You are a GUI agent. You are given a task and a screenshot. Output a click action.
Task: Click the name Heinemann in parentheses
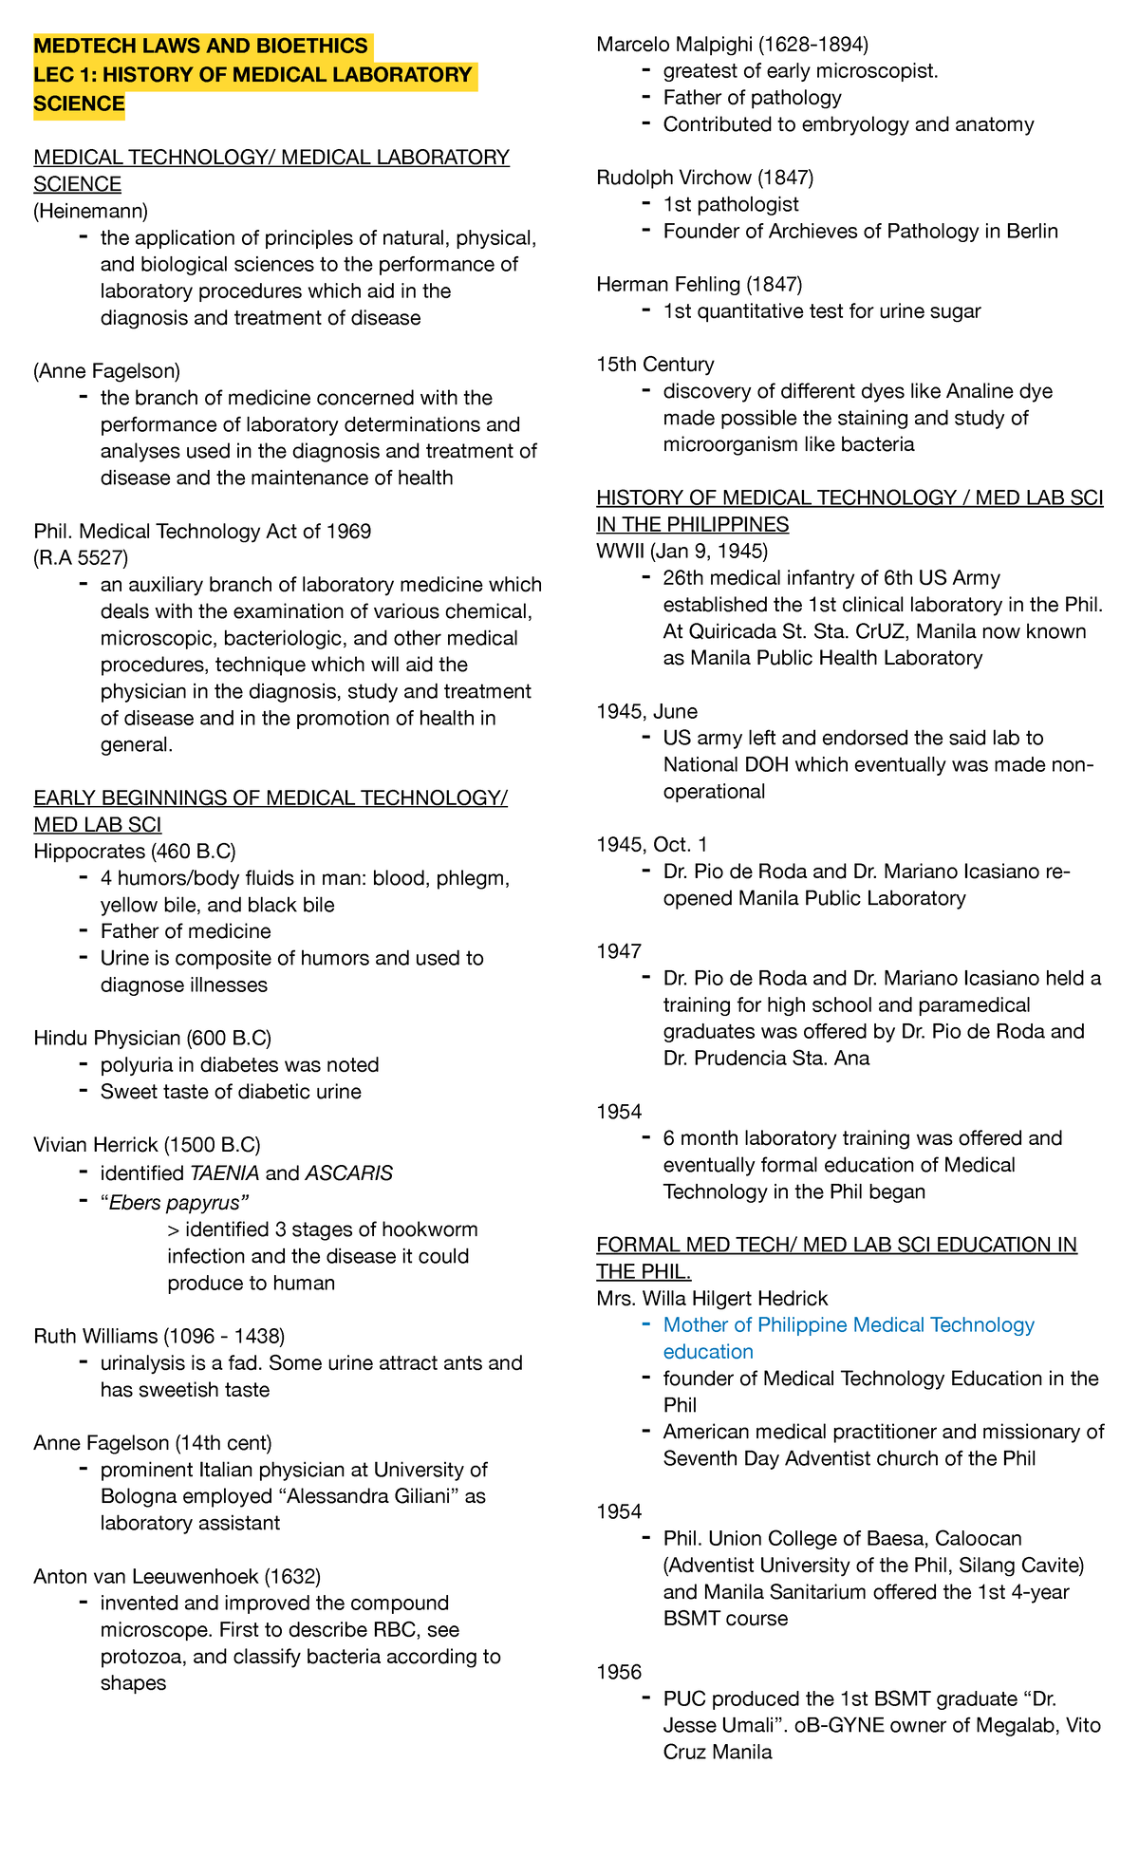point(91,211)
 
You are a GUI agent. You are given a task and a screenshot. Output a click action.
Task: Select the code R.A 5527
point(81,557)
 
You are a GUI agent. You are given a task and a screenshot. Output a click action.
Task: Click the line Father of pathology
point(752,97)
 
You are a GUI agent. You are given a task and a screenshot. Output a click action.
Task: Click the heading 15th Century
point(655,365)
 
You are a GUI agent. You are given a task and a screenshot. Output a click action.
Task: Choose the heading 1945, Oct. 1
point(652,844)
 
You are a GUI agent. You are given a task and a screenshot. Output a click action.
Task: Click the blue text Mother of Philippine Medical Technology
point(849,1324)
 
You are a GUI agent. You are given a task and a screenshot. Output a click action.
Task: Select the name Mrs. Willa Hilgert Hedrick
point(712,1298)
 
